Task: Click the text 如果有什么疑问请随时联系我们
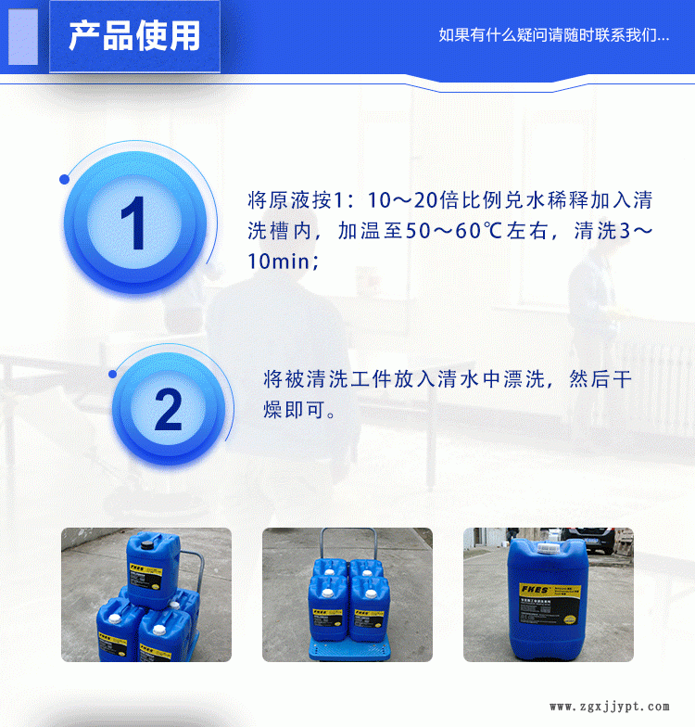coord(553,36)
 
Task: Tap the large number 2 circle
coord(168,409)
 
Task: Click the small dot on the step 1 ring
coord(64,179)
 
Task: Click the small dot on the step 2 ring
coord(113,374)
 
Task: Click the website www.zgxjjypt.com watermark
coord(606,707)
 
